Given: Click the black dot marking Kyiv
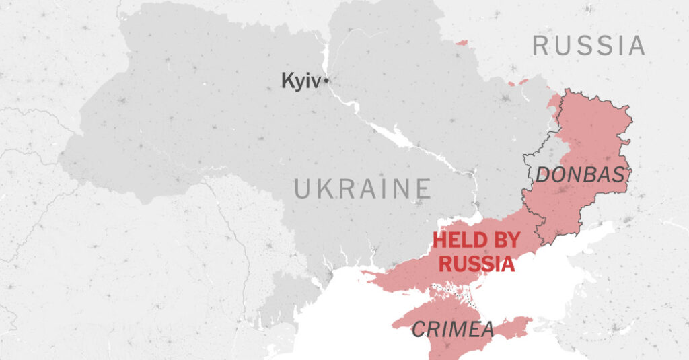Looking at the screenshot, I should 326,81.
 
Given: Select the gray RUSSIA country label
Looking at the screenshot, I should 589,46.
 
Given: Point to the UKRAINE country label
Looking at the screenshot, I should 362,189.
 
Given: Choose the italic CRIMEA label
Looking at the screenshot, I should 452,330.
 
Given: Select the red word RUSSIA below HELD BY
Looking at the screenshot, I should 477,264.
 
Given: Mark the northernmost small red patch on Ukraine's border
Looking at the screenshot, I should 461,43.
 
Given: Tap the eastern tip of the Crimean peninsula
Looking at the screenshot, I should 529,321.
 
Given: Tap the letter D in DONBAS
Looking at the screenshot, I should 542,175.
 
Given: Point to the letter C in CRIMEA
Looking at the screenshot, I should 417,330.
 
